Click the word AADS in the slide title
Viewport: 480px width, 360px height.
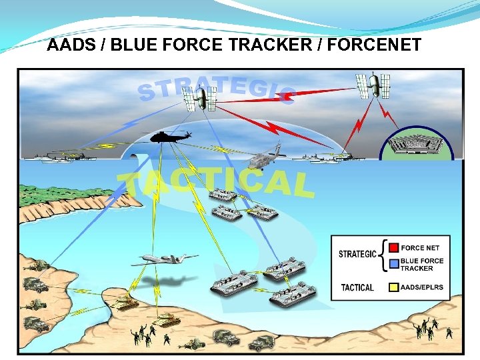(x=67, y=45)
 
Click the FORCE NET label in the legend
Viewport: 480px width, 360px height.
(x=420, y=248)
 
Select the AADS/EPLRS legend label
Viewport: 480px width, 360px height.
(x=422, y=287)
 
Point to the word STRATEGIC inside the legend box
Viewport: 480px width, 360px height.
(x=358, y=254)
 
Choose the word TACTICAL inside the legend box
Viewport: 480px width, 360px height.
(x=357, y=287)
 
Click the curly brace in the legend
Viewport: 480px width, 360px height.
(x=383, y=256)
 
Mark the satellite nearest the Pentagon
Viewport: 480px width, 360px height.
(x=377, y=83)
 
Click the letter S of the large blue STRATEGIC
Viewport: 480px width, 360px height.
(x=146, y=93)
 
